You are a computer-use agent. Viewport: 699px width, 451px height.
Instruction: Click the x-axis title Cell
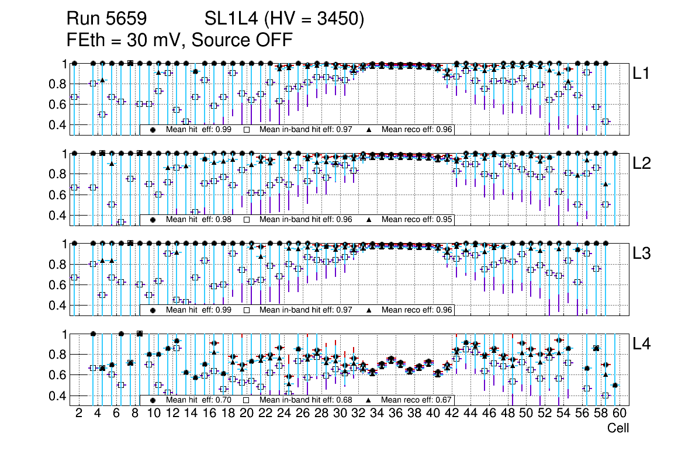(x=618, y=428)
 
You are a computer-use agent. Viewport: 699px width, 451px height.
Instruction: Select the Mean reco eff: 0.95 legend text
(x=417, y=220)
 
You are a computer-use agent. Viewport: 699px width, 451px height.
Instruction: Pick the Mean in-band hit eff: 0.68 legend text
(x=306, y=400)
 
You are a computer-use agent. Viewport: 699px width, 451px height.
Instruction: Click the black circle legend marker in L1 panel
(x=153, y=130)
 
